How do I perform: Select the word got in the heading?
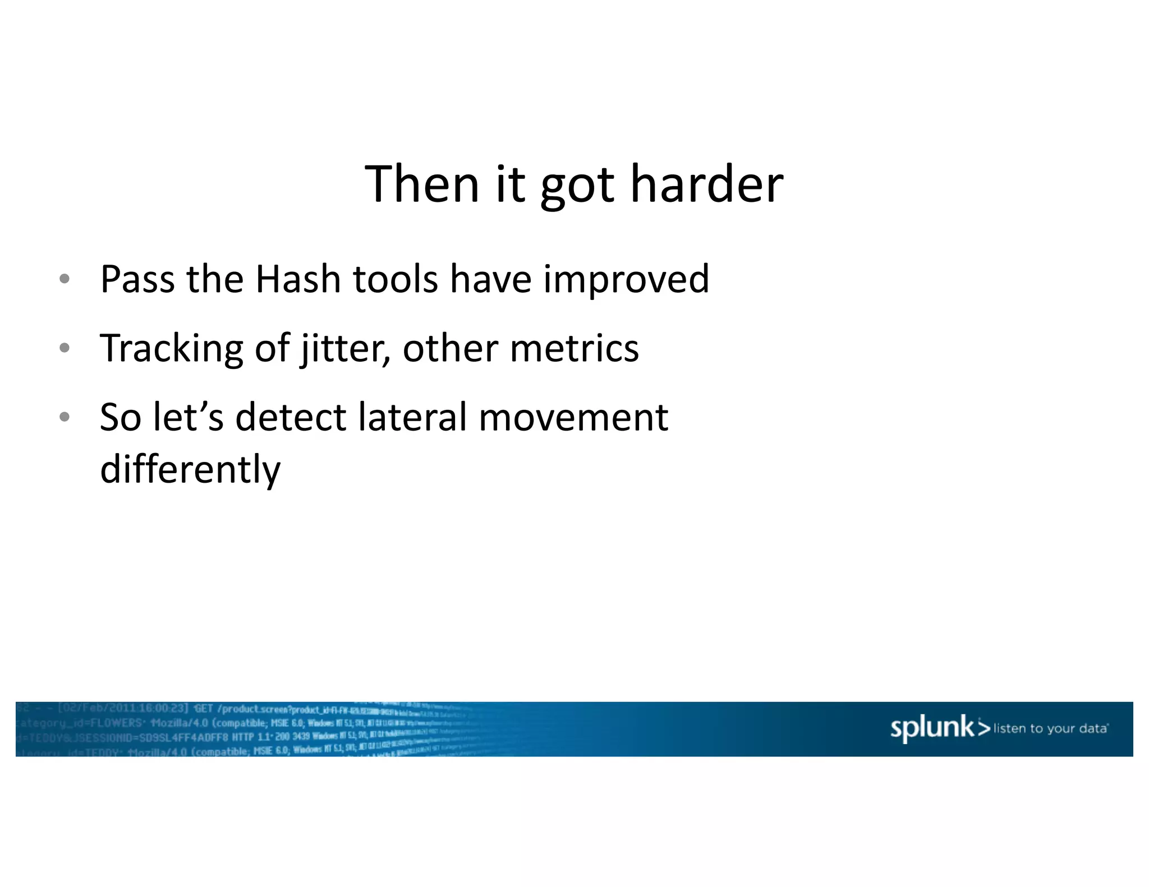coord(577,188)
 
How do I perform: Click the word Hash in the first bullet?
coord(298,279)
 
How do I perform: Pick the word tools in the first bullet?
coord(395,279)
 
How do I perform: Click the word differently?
coord(190,470)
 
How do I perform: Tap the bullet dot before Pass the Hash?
coord(65,279)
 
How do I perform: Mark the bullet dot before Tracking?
coord(65,348)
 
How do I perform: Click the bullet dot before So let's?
coord(65,417)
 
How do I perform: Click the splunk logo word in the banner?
coord(932,728)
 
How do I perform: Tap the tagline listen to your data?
coord(1050,728)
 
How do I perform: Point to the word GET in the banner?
coord(203,709)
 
